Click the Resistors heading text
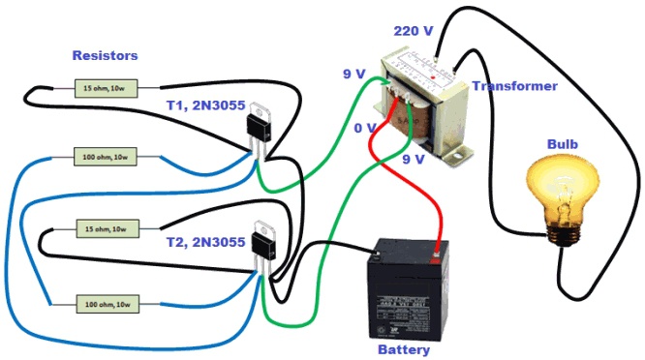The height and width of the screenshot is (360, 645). [105, 56]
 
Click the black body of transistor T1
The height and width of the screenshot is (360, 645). [259, 125]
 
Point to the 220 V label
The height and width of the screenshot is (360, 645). [414, 31]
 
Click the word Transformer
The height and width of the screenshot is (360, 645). [514, 86]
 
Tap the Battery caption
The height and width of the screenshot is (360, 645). [403, 349]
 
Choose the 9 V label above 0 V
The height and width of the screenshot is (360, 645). [354, 74]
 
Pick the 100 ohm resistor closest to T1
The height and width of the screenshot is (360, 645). [107, 156]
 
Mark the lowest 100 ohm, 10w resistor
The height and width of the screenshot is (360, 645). [107, 305]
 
